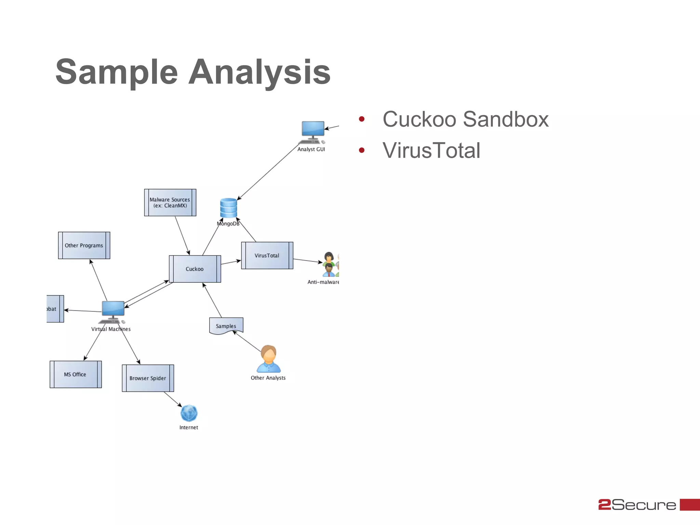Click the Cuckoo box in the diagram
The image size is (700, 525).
[x=195, y=269]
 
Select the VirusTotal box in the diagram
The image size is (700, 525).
[x=267, y=256]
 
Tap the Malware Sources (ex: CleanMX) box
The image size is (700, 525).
[x=170, y=203]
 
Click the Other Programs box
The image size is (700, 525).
[x=84, y=245]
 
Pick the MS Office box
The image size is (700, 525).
[x=76, y=375]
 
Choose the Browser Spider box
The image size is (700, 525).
[x=148, y=378]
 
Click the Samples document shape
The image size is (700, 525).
[x=226, y=326]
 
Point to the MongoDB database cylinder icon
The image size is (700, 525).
[x=228, y=208]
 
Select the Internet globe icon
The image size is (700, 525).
[x=189, y=413]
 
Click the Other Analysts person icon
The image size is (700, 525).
[x=269, y=359]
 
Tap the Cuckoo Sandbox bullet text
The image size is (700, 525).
[x=465, y=119]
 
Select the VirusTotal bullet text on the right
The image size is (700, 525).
[x=431, y=150]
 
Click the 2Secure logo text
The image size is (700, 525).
[x=637, y=505]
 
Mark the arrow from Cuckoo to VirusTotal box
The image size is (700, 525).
[x=231, y=262]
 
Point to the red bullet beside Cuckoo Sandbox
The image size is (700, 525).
[x=362, y=119]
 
